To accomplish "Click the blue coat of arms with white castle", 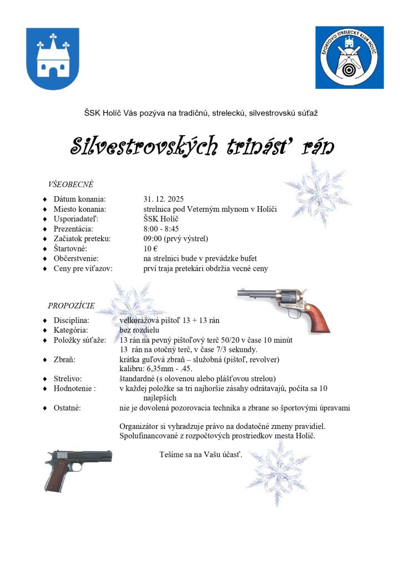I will click(53, 59).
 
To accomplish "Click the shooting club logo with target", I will click(349, 57).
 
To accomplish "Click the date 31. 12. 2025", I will click(163, 199).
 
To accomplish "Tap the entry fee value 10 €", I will click(150, 248).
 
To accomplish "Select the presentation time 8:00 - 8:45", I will click(161, 228).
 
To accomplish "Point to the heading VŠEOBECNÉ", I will click(71, 184).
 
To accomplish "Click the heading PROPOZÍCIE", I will click(71, 305).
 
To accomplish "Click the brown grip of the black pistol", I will click(54, 476).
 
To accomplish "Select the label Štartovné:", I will click(70, 248).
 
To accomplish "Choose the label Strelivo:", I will click(68, 378).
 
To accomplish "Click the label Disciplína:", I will click(72, 321).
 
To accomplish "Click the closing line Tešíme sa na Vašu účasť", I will click(201, 455).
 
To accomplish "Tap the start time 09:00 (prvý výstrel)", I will click(175, 238).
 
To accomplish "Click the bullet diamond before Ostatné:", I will click(45, 408).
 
